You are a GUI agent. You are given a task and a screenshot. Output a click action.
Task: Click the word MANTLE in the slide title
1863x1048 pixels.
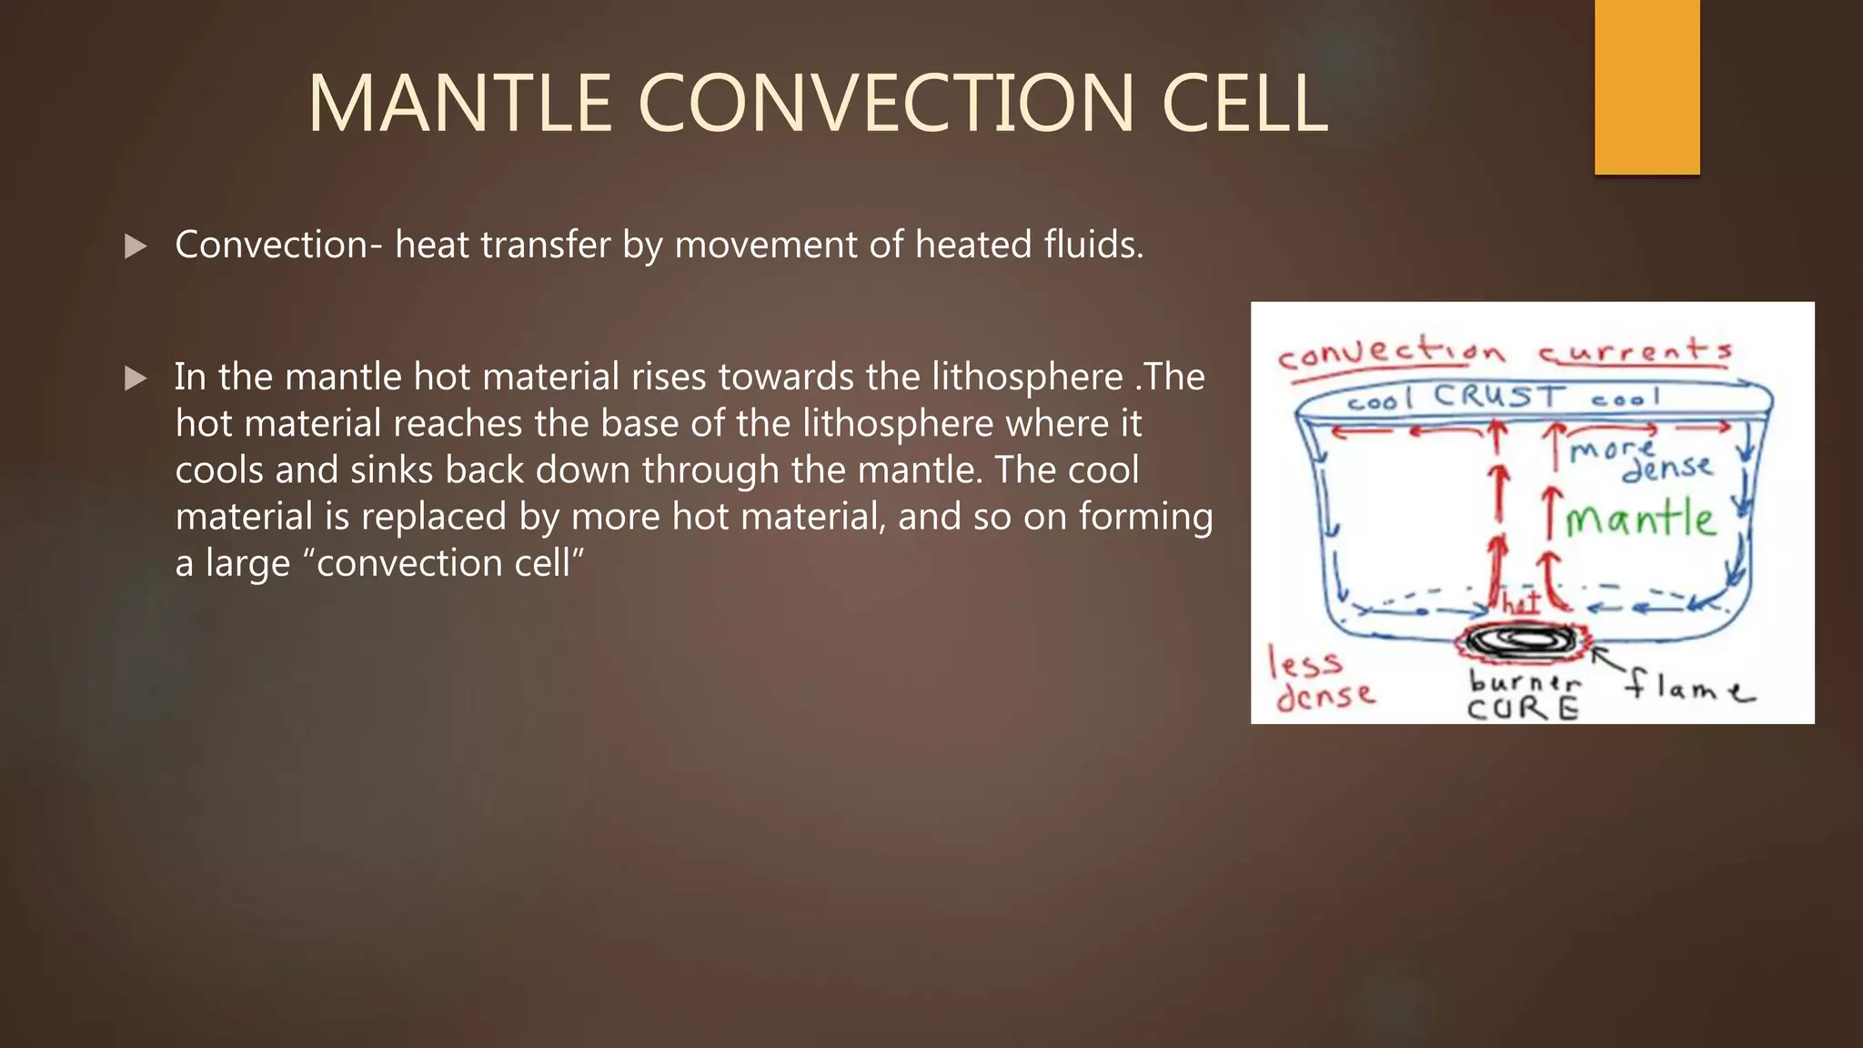pyautogui.click(x=459, y=104)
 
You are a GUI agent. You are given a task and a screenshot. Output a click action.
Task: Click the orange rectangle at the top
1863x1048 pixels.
pyautogui.click(x=1646, y=86)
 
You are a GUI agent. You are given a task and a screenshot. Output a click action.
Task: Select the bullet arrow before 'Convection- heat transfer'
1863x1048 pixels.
pyautogui.click(x=136, y=246)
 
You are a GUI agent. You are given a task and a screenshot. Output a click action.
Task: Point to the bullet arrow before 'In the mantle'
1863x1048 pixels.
pyautogui.click(x=136, y=378)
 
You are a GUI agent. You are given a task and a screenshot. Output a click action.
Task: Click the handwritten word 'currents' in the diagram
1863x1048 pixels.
pyautogui.click(x=1635, y=350)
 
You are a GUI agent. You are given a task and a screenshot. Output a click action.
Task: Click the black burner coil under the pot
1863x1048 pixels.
pyautogui.click(x=1522, y=641)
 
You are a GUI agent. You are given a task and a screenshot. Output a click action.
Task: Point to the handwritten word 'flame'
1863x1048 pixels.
pyautogui.click(x=1688, y=686)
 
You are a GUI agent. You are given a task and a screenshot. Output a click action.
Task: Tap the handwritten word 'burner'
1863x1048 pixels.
pyautogui.click(x=1525, y=681)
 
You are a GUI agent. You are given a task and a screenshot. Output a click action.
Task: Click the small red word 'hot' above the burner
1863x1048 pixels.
pyautogui.click(x=1520, y=601)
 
